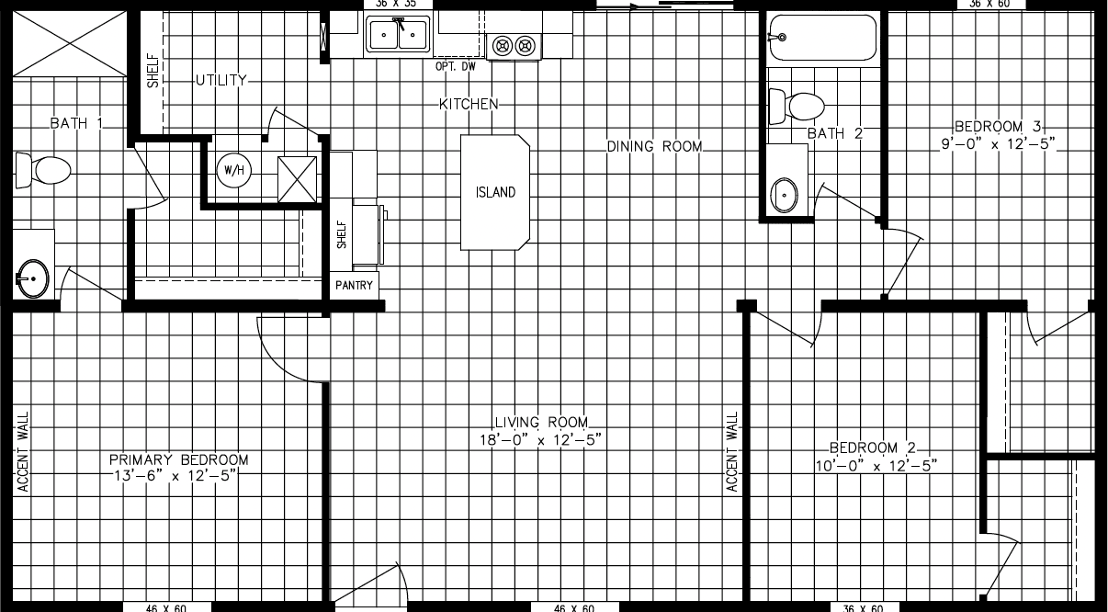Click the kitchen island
click(x=495, y=192)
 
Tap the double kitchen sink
click(x=398, y=35)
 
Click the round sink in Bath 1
click(x=33, y=277)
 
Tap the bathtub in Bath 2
click(x=822, y=37)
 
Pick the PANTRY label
click(x=354, y=286)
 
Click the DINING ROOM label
click(x=655, y=146)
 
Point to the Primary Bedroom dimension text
click(x=178, y=475)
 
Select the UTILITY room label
click(x=220, y=80)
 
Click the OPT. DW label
click(x=456, y=66)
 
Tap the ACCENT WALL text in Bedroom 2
click(x=732, y=451)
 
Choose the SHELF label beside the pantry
click(x=341, y=234)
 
